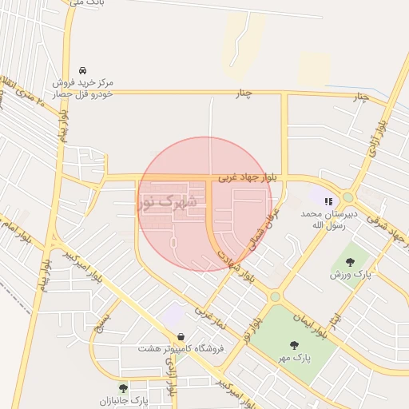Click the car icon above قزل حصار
[84, 69]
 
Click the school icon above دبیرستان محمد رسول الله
[328, 201]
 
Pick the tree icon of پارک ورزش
[349, 261]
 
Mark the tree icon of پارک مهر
[294, 345]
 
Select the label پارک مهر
[294, 357]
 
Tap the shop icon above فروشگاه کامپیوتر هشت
[182, 336]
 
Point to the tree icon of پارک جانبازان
[122, 388]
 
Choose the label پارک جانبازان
[125, 399]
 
